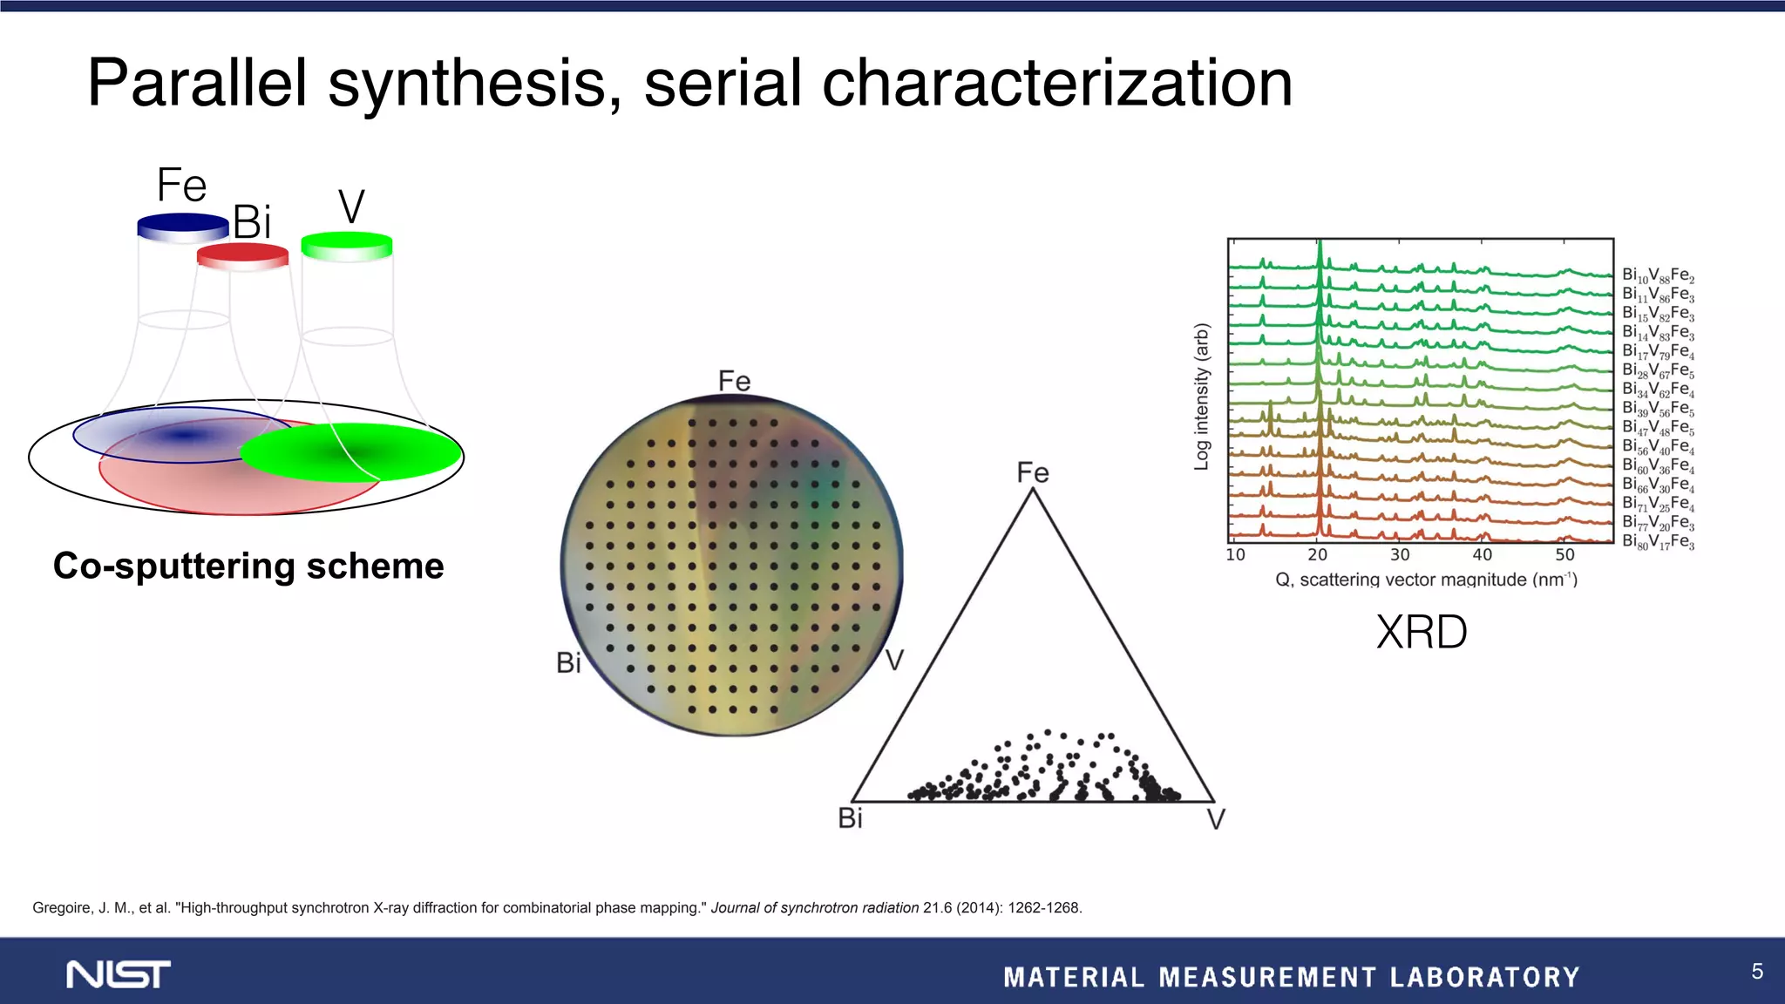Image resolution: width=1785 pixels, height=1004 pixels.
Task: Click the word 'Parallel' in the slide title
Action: coord(197,84)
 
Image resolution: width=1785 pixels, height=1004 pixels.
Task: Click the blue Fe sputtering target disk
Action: coord(183,227)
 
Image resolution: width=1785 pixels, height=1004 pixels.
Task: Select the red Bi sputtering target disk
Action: coord(242,254)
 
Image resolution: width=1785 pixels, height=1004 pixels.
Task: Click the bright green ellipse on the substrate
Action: coord(350,451)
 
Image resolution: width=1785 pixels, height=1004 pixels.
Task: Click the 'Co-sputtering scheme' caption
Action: coord(248,566)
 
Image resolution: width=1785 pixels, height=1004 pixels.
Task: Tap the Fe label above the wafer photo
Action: coord(734,381)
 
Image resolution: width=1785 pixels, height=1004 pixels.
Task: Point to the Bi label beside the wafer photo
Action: coord(568,663)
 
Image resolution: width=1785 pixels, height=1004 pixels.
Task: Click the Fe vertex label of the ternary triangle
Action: coord(1033,472)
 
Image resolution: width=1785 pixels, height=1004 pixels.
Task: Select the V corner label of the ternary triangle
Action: coord(1216,819)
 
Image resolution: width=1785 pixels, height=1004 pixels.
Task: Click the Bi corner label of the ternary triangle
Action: coord(850,818)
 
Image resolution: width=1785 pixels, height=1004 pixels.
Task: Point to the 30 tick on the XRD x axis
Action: coord(1400,555)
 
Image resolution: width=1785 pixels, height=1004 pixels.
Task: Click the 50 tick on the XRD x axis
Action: coord(1564,555)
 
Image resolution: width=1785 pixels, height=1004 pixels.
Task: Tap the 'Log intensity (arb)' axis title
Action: coord(1202,397)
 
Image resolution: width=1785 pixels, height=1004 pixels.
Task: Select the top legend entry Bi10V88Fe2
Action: coord(1658,275)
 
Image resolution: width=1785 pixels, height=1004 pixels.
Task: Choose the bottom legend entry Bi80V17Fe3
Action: coord(1658,542)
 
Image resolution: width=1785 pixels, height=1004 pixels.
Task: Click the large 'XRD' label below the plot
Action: coord(1422,632)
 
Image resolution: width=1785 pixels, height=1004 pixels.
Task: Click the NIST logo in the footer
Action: coord(119,974)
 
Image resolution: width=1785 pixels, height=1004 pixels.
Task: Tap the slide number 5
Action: coord(1757,971)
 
